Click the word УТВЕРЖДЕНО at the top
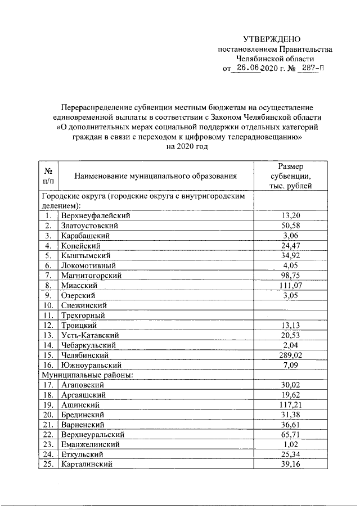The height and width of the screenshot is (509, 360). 272,39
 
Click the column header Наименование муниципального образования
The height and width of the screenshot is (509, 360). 155,177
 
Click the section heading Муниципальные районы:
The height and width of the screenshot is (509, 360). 86,375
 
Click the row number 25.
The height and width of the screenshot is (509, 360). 48,464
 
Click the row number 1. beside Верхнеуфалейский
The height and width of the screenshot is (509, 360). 49,215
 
